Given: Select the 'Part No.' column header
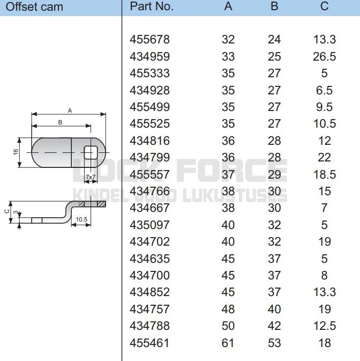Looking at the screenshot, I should tap(152, 7).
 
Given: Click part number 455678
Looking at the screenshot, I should tap(149, 39).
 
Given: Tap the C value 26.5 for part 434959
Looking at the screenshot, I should tap(324, 56).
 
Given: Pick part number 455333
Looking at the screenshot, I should tap(149, 73).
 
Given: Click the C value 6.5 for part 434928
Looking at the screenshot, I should tap(324, 90).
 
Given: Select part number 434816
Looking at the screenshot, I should tap(149, 141).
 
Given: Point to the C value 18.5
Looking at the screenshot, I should tap(324, 174).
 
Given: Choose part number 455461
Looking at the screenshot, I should tap(149, 343).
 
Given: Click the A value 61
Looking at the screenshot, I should tap(228, 343).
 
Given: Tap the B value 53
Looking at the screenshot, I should tap(274, 343).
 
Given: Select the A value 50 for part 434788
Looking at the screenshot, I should tap(228, 326).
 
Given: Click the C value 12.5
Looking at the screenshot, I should tap(324, 326).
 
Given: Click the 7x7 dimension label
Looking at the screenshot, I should tap(91, 176).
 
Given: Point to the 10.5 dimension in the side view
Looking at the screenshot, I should tap(81, 219).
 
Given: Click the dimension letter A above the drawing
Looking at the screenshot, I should tap(70, 110).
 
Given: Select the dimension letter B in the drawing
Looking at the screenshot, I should tap(60, 122).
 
